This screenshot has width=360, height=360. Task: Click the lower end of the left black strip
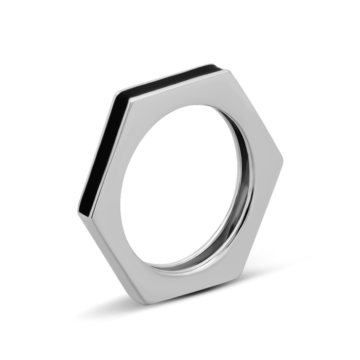(x=82, y=203)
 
